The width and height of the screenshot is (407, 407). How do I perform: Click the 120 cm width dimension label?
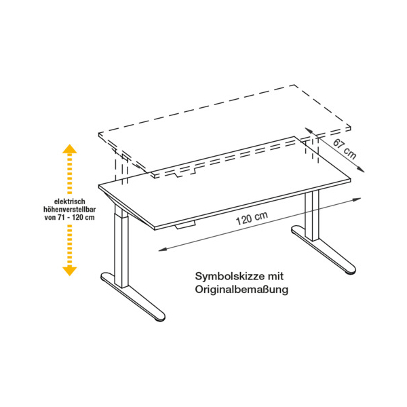coord(252,219)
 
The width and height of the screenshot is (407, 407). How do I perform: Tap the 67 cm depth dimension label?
coord(345,149)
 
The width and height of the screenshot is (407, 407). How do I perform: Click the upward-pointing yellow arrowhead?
coord(70,149)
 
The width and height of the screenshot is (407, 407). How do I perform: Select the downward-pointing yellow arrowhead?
coord(70,271)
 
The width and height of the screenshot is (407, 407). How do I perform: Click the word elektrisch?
coord(70,201)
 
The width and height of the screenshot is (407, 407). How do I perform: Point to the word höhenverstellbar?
coord(70,210)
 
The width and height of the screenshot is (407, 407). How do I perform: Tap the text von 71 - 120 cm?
coord(70,217)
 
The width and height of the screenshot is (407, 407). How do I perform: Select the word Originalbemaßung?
coord(241,290)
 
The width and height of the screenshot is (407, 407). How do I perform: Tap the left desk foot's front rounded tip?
coord(160,317)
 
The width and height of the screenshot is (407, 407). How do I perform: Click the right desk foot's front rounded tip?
coord(351,269)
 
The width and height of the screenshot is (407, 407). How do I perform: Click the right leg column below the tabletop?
coord(312,216)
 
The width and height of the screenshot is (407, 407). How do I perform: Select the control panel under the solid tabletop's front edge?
coord(185,226)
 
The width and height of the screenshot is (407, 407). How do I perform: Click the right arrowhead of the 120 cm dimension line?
coord(358,199)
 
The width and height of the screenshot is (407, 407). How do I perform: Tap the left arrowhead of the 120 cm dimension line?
coord(161,250)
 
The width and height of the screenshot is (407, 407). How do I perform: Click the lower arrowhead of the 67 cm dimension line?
coord(362,170)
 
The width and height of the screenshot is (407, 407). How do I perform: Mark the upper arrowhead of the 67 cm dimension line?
coord(307,130)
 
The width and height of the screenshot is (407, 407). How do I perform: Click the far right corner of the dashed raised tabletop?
coord(351,127)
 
